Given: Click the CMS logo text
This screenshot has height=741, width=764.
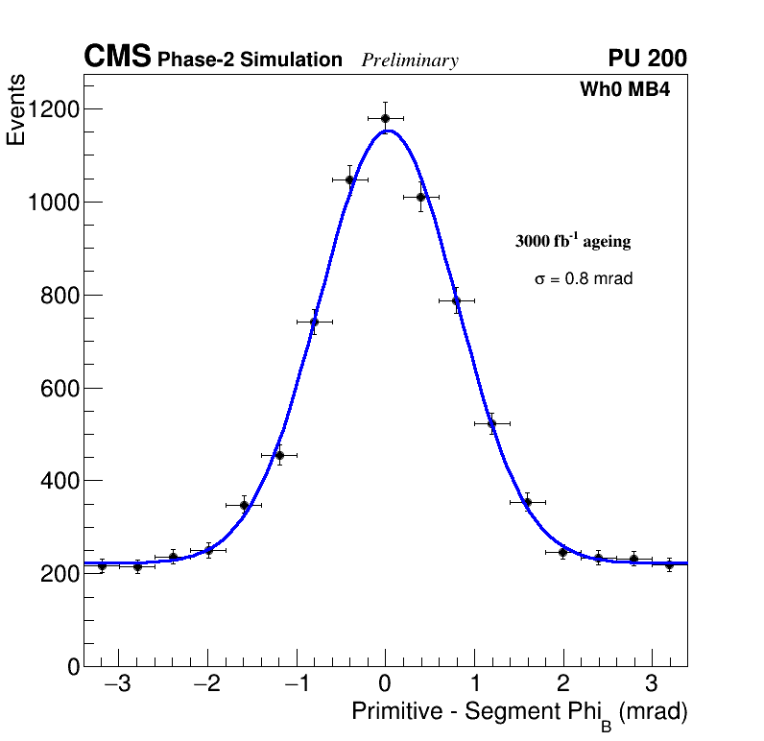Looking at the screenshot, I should pyautogui.click(x=117, y=58).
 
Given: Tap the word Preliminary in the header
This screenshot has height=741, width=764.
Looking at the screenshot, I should pyautogui.click(x=410, y=60).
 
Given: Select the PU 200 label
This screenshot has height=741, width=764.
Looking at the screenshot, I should pyautogui.click(x=647, y=59).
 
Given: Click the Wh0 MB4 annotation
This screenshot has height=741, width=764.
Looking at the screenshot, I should pyautogui.click(x=624, y=90).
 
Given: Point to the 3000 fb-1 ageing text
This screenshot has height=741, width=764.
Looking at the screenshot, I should pyautogui.click(x=573, y=242).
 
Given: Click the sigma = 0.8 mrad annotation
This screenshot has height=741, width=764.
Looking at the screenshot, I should pyautogui.click(x=584, y=279).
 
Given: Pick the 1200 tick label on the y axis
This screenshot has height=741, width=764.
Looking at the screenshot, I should pyautogui.click(x=52, y=109).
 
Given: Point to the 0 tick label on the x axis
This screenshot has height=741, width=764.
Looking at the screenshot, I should pyautogui.click(x=385, y=684).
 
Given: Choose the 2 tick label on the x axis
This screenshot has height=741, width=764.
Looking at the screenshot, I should pyautogui.click(x=562, y=684).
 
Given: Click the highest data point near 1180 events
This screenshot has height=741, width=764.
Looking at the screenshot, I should pyautogui.click(x=385, y=119).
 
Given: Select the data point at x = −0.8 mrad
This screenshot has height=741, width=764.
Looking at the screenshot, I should pyautogui.click(x=314, y=323).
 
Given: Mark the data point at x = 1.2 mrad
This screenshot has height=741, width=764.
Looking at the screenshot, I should pyautogui.click(x=491, y=423).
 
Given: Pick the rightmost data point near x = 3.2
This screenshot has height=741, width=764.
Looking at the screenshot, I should pyautogui.click(x=669, y=564).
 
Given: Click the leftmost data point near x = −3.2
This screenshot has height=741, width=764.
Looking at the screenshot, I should pyautogui.click(x=102, y=565).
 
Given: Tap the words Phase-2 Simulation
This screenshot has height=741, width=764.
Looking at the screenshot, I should pyautogui.click(x=250, y=60).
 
